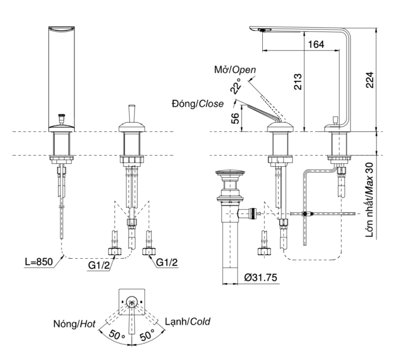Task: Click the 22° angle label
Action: [235, 87]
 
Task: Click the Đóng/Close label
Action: [198, 104]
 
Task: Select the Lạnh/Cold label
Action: [187, 321]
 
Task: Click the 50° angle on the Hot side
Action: [117, 336]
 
